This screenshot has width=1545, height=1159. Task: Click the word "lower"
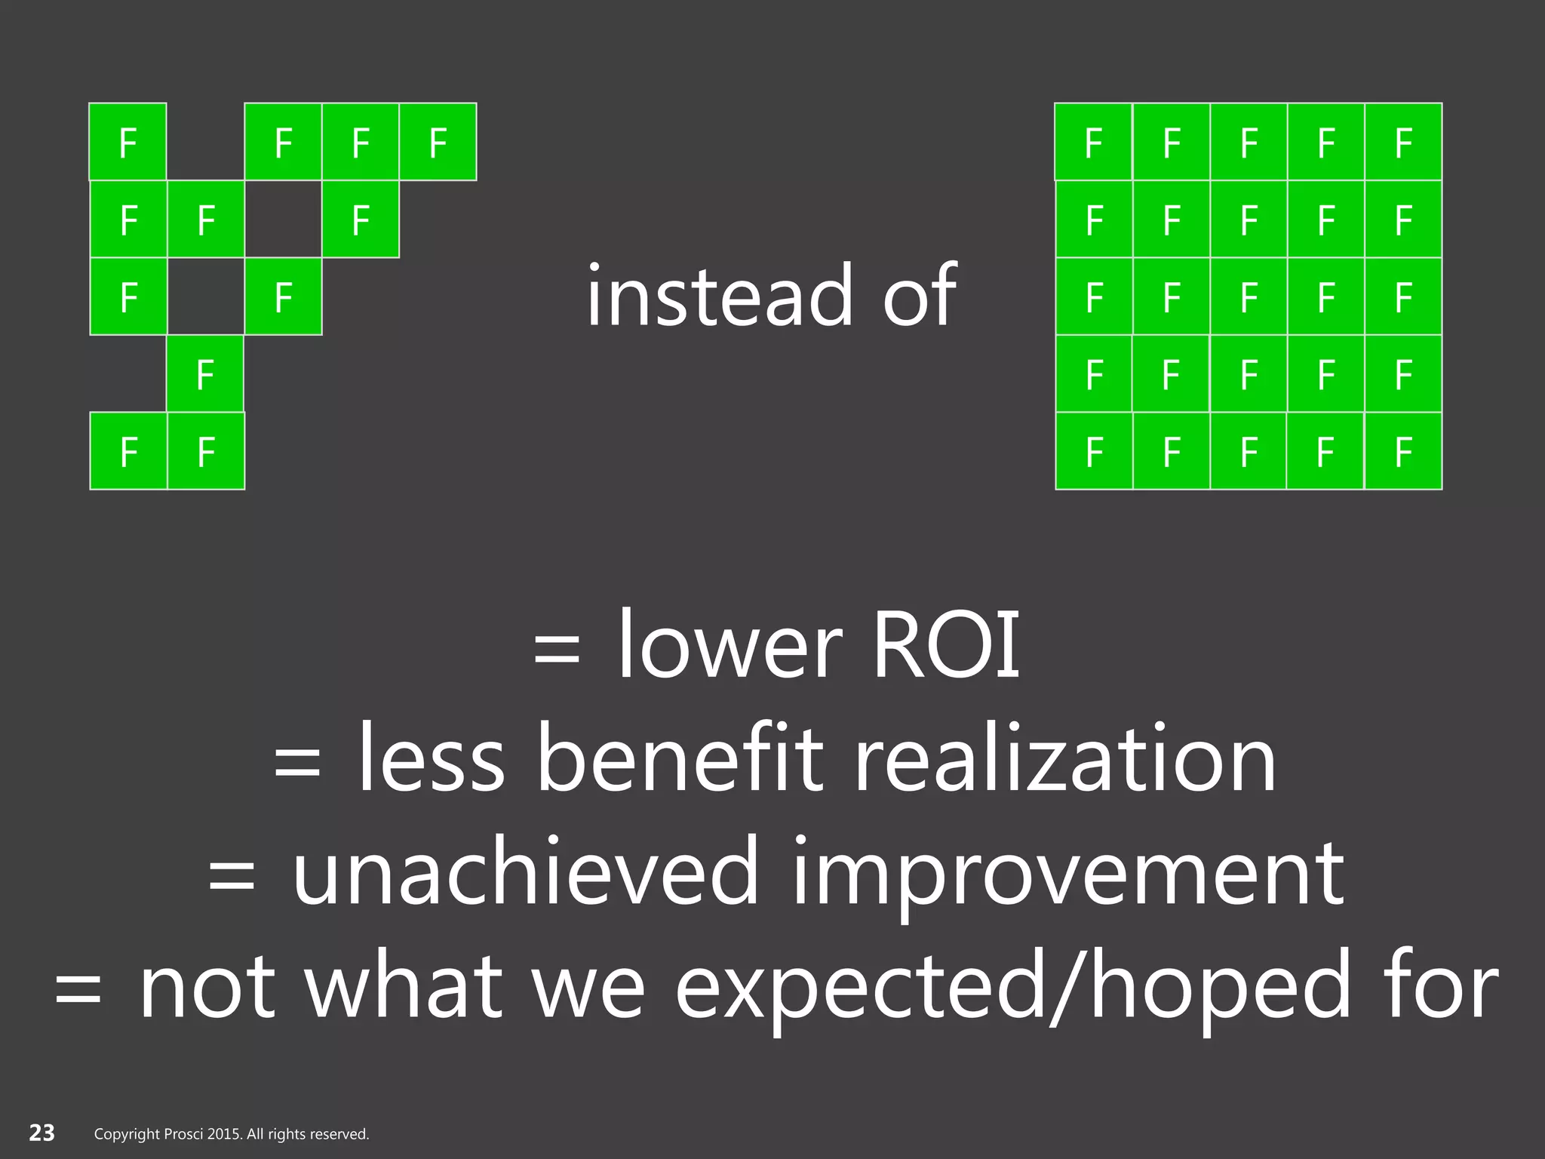(x=729, y=646)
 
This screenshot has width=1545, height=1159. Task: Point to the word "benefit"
(x=679, y=758)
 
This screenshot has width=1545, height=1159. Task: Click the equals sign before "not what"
(x=78, y=989)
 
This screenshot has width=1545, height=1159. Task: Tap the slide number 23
(x=42, y=1133)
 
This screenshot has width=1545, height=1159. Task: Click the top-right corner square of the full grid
(x=1403, y=142)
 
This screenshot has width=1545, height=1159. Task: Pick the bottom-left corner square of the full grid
(x=1094, y=451)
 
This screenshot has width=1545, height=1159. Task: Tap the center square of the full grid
(x=1249, y=297)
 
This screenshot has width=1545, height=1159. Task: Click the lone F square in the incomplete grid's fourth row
(x=205, y=374)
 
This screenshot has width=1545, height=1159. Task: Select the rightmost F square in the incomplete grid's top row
(x=438, y=142)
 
